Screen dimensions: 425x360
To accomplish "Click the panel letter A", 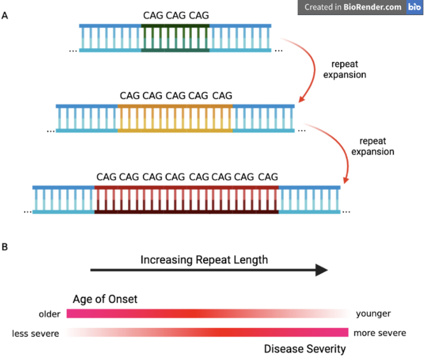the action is [5, 16].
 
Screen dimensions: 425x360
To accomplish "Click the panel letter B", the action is [5, 247].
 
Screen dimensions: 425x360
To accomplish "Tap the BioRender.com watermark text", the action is [353, 7].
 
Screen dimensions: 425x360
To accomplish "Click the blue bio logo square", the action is [415, 7].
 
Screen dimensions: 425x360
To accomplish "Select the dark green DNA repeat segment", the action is [175, 38].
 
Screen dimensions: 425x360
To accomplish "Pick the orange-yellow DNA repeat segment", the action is [175, 119].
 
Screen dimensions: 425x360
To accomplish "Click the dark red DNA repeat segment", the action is [186, 200].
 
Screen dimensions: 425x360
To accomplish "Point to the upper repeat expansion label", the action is [344, 69].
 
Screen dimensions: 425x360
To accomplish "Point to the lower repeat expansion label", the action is [373, 146].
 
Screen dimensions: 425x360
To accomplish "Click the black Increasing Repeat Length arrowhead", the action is [322, 270].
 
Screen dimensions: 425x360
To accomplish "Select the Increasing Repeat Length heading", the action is [204, 259].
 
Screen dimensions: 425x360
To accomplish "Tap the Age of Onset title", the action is [105, 299].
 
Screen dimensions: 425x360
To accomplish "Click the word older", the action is [49, 314].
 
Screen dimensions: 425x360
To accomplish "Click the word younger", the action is [373, 314].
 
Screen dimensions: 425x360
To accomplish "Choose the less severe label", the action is [35, 334].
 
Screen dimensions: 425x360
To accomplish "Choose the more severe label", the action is [380, 333].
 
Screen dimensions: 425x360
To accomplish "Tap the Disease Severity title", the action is [305, 349].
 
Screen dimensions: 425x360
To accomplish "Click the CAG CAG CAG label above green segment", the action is [176, 15].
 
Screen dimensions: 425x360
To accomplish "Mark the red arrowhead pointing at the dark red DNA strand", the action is [346, 180].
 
